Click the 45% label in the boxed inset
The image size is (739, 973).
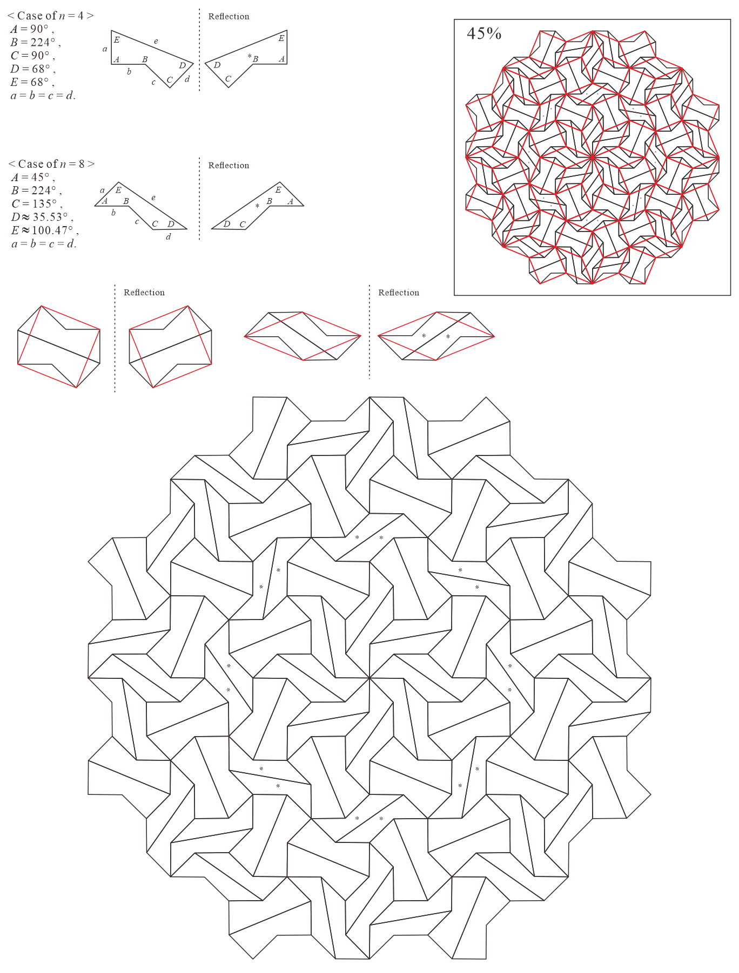click(484, 33)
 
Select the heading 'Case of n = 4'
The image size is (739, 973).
click(51, 16)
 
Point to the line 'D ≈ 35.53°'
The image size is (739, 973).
click(42, 217)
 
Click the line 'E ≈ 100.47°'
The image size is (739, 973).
click(45, 230)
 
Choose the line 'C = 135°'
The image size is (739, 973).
click(36, 203)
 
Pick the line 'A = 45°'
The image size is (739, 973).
click(33, 177)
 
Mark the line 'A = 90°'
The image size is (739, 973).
click(32, 29)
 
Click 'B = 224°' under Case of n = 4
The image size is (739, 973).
click(36, 42)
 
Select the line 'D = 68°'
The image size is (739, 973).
click(33, 69)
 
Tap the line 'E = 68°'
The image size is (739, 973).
click(32, 82)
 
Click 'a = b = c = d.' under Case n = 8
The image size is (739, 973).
click(44, 244)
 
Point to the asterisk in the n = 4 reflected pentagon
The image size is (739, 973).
click(250, 56)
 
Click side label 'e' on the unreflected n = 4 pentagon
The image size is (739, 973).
click(156, 41)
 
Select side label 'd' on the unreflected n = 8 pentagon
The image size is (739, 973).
click(169, 236)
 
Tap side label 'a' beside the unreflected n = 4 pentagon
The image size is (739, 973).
click(105, 49)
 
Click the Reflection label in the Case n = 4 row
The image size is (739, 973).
click(229, 16)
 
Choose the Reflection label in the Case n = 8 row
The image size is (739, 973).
click(229, 165)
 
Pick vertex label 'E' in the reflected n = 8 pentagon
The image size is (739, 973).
click(278, 189)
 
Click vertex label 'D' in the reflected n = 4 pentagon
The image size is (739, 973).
click(217, 65)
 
